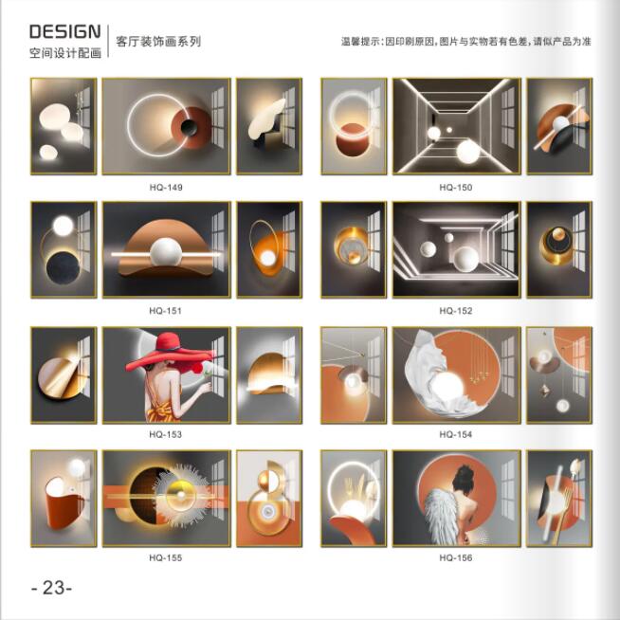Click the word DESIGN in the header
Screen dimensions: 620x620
[65, 31]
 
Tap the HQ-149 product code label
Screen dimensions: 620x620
[166, 188]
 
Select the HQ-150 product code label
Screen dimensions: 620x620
[456, 188]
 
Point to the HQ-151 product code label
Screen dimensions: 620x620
[166, 311]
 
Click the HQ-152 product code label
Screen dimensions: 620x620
[456, 311]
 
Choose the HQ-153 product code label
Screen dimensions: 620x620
[166, 434]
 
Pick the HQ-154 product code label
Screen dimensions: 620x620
[456, 434]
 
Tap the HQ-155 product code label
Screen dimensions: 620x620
[166, 558]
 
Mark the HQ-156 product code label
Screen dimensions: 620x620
[456, 558]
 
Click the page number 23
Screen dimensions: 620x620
[52, 588]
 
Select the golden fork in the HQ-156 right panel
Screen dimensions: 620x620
[562, 514]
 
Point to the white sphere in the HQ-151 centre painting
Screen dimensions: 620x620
[166, 253]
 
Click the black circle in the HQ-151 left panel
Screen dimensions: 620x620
[64, 268]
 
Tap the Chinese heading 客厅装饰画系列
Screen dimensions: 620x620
[158, 42]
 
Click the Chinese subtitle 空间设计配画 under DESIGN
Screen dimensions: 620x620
[65, 52]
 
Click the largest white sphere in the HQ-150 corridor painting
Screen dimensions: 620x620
[468, 152]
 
